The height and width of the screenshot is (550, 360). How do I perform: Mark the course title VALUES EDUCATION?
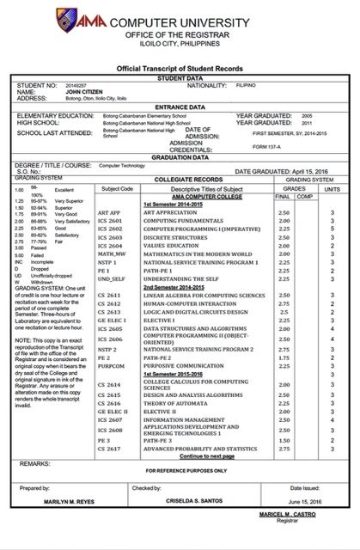click(x=173, y=245)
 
